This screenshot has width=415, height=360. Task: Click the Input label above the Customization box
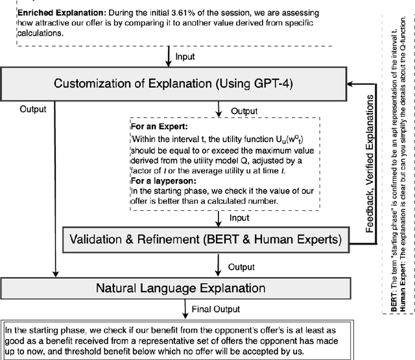185,57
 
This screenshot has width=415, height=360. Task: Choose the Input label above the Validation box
240,218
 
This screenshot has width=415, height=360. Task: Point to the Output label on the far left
33,109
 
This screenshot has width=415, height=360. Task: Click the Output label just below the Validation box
241,266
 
